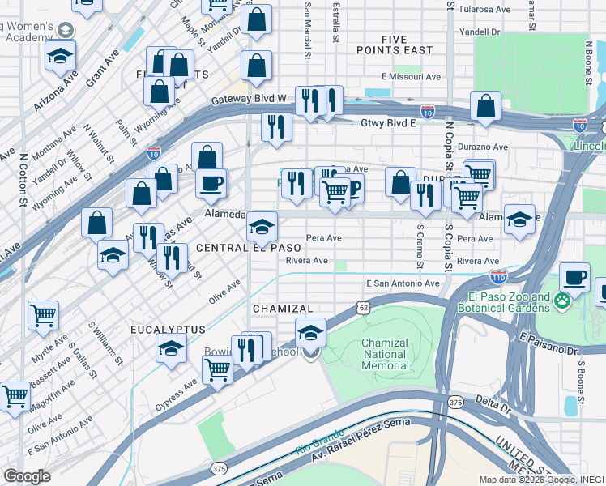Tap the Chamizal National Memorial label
[385, 354]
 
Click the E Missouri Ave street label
[410, 77]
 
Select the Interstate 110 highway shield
[498, 276]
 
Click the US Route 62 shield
[361, 306]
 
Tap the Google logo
[28, 476]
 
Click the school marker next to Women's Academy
[60, 55]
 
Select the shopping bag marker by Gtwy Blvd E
[485, 105]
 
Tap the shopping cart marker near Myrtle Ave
[44, 315]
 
